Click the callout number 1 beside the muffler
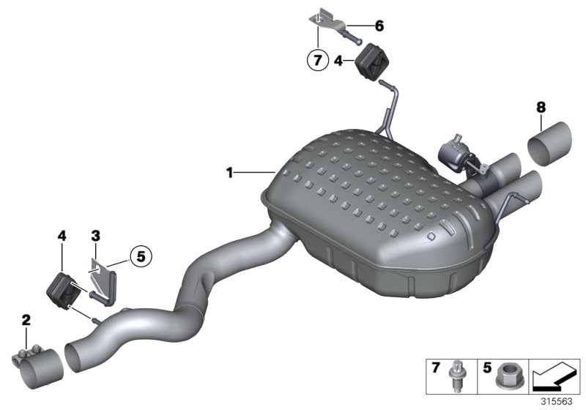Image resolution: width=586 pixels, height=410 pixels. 229,173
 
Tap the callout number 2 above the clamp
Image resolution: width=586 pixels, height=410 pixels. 26,319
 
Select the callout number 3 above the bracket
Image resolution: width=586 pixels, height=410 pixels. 95,236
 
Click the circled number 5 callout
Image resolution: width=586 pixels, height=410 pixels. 141,256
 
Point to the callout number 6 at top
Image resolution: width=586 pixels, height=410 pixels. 379,26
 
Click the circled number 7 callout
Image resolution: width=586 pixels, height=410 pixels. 317,61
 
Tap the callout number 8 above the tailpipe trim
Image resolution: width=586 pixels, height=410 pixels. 541,108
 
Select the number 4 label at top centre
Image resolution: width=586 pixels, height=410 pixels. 338,61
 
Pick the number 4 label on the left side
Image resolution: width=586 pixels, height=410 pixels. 62,236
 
